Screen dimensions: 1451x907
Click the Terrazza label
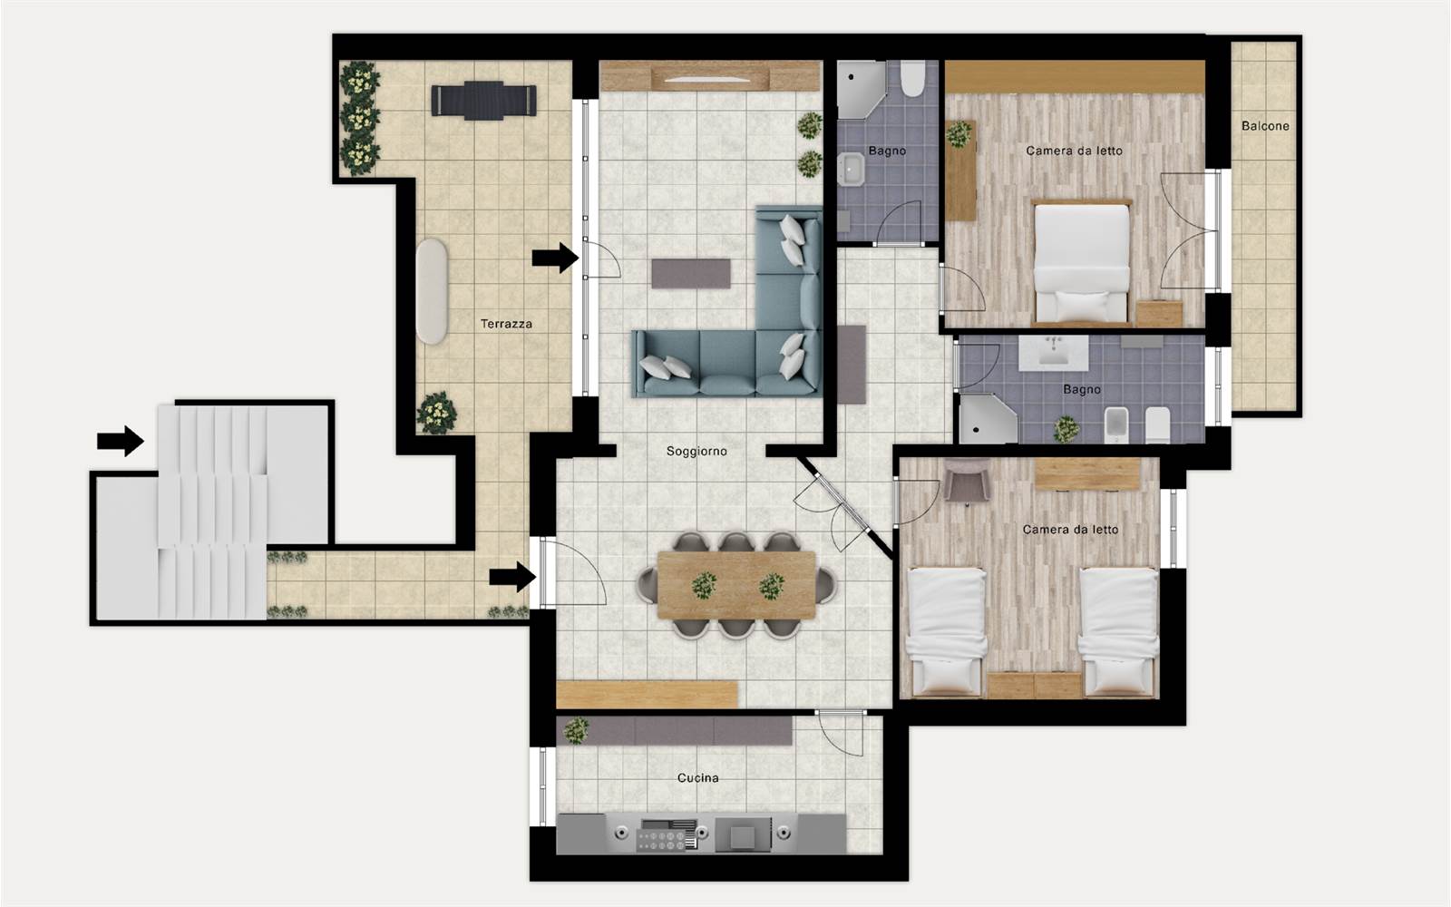(x=506, y=323)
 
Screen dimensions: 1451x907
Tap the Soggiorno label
(x=696, y=452)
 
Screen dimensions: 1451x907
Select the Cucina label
(x=697, y=777)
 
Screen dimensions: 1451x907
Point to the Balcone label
(x=1265, y=126)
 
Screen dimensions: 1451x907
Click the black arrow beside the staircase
(x=121, y=441)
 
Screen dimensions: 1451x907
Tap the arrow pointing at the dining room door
(x=512, y=577)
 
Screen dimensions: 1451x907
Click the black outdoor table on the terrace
(x=484, y=101)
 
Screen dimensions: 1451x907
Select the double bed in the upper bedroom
(x=1080, y=262)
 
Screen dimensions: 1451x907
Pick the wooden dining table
(x=736, y=585)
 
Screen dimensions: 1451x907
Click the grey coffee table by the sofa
(x=690, y=273)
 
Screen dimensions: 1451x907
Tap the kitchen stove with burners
(x=667, y=834)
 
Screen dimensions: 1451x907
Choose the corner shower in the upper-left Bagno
(x=861, y=90)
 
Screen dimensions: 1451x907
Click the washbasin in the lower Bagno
(x=1052, y=354)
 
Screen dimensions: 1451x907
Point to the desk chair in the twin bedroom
(x=967, y=480)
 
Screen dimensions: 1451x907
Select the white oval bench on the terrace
(x=432, y=291)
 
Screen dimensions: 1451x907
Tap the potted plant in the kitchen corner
(x=576, y=730)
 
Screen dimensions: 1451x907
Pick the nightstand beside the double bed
(x=1160, y=314)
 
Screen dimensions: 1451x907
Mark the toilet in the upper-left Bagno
(x=912, y=78)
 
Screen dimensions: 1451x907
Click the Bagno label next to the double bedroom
(x=1082, y=389)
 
